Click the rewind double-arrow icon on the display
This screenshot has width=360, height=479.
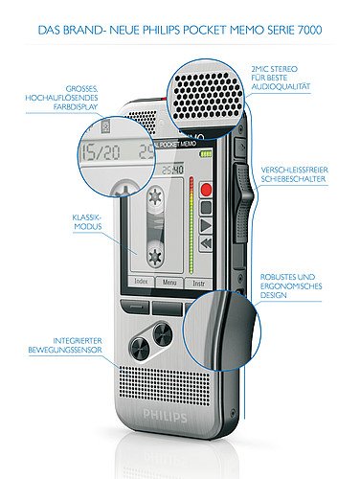pyautogui.click(x=206, y=246)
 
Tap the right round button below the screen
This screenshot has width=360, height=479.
pyautogui.click(x=162, y=334)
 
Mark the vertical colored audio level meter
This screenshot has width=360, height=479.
pyautogui.click(x=192, y=220)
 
